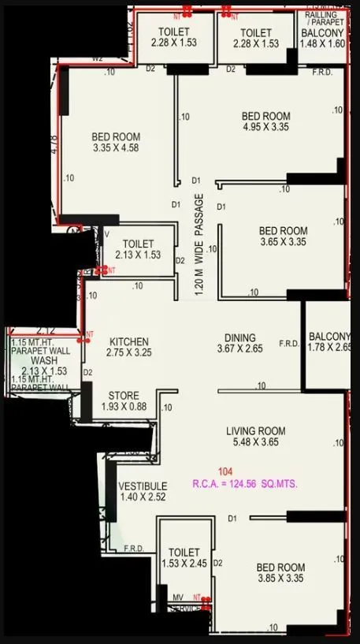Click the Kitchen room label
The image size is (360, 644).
point(128,342)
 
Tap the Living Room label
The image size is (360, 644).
point(255,431)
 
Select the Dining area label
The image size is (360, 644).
point(240,334)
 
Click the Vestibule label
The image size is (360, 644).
point(143,486)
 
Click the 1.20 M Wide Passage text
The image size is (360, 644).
point(199,244)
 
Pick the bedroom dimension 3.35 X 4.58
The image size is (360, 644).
point(115,147)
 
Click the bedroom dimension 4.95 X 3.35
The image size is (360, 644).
point(265,128)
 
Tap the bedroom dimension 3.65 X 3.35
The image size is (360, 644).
point(283,243)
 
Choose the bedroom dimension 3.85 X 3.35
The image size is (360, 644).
point(280,579)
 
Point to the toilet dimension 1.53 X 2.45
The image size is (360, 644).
point(184,564)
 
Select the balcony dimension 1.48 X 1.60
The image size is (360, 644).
point(323,44)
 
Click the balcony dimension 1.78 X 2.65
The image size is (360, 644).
point(329,347)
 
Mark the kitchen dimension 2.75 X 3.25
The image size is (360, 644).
point(128,353)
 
